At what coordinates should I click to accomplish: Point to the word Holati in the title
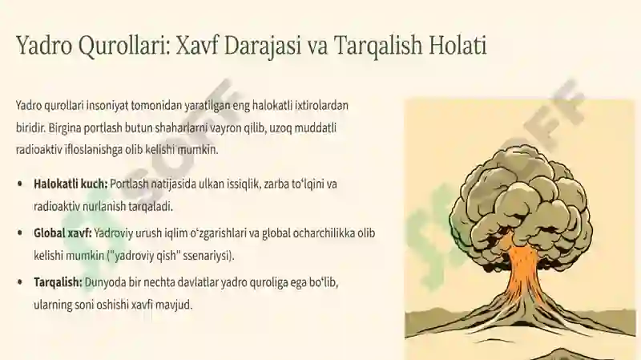pyautogui.click(x=458, y=45)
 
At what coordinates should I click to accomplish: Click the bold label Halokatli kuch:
pyautogui.click(x=71, y=184)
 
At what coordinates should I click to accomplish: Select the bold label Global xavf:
pyautogui.click(x=62, y=233)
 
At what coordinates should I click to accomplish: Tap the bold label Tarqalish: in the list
pyautogui.click(x=58, y=283)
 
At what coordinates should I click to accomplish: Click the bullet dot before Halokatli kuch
pyautogui.click(x=20, y=184)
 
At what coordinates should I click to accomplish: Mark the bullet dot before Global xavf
pyautogui.click(x=20, y=233)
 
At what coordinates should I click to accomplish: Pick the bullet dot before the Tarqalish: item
pyautogui.click(x=20, y=282)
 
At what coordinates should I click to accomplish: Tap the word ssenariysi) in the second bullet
pyautogui.click(x=208, y=256)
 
